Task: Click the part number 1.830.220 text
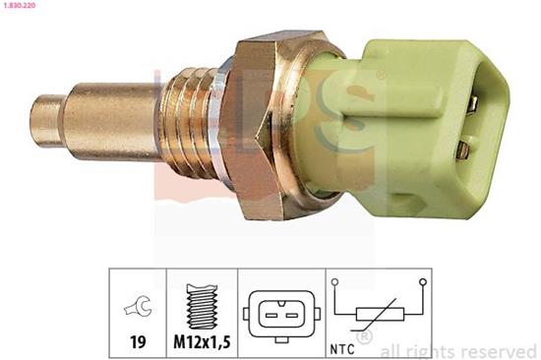(x=18, y=6)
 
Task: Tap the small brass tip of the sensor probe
(x=48, y=121)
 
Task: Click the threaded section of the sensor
(x=188, y=123)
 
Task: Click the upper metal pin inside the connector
(x=473, y=103)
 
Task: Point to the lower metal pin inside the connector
(x=463, y=150)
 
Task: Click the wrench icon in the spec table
(x=138, y=305)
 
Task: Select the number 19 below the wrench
(x=138, y=341)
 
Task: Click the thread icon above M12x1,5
(x=202, y=306)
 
